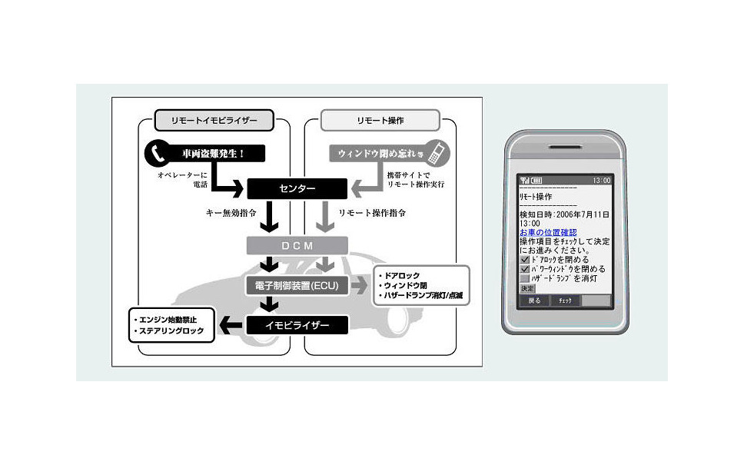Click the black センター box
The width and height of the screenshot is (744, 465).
coord(297,188)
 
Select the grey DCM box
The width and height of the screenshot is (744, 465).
coord(297,245)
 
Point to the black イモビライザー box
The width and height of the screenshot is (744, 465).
coord(297,325)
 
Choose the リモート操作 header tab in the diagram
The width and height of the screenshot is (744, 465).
coord(380,120)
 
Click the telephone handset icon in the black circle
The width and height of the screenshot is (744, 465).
coord(158,154)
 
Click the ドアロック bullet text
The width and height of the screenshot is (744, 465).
coord(401,274)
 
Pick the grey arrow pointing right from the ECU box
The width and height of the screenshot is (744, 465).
coord(360,286)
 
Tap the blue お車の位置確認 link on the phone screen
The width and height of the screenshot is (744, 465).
coord(548,232)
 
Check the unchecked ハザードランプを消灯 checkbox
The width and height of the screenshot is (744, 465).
coord(525,278)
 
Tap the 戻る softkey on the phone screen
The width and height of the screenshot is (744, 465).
coord(534,301)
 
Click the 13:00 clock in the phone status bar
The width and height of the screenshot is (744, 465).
coord(602,180)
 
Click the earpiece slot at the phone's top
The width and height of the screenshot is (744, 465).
coord(566,145)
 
